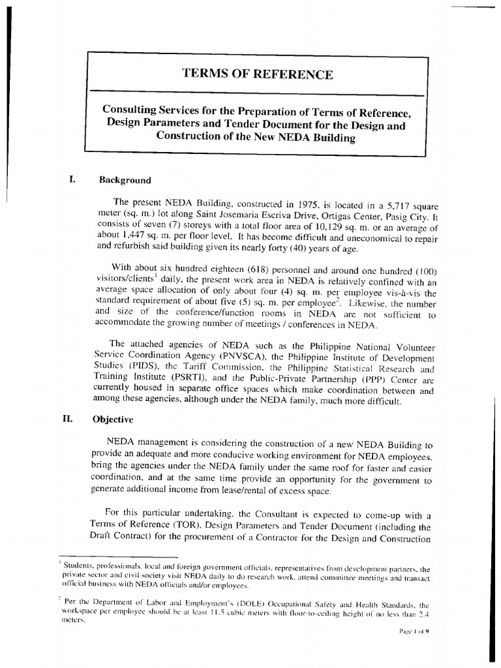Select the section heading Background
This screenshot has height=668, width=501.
point(125,180)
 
